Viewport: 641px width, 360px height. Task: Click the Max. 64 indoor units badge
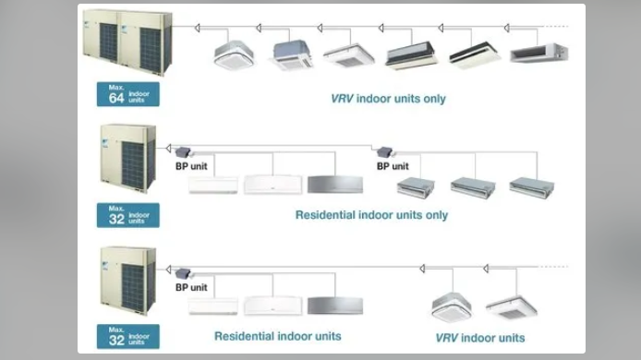point(128,94)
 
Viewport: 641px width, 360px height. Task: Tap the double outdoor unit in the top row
point(127,42)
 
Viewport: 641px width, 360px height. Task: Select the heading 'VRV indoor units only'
point(388,99)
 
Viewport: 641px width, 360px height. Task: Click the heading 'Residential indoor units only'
point(371,215)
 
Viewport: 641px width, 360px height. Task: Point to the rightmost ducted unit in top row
point(539,54)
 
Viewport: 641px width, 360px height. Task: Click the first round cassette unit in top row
point(234,54)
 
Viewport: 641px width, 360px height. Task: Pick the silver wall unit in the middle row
point(335,185)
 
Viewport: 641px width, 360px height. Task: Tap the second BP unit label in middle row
point(393,166)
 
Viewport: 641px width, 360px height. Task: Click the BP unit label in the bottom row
point(191,287)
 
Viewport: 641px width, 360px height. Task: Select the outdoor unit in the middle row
point(128,159)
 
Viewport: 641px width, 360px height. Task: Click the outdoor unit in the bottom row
point(128,281)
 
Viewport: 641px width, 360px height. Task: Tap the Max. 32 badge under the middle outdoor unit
point(128,215)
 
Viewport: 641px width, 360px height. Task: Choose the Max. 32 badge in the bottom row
point(128,336)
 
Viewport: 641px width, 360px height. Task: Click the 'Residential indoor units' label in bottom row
point(278,336)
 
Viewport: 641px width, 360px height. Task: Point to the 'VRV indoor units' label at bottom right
point(480,338)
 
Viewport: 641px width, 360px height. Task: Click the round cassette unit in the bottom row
point(452,306)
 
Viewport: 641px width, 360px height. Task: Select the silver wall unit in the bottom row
point(335,306)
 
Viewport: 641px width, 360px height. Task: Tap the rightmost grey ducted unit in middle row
point(532,187)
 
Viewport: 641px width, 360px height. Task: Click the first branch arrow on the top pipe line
point(197,28)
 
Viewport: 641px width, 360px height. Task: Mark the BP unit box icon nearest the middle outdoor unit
point(183,152)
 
